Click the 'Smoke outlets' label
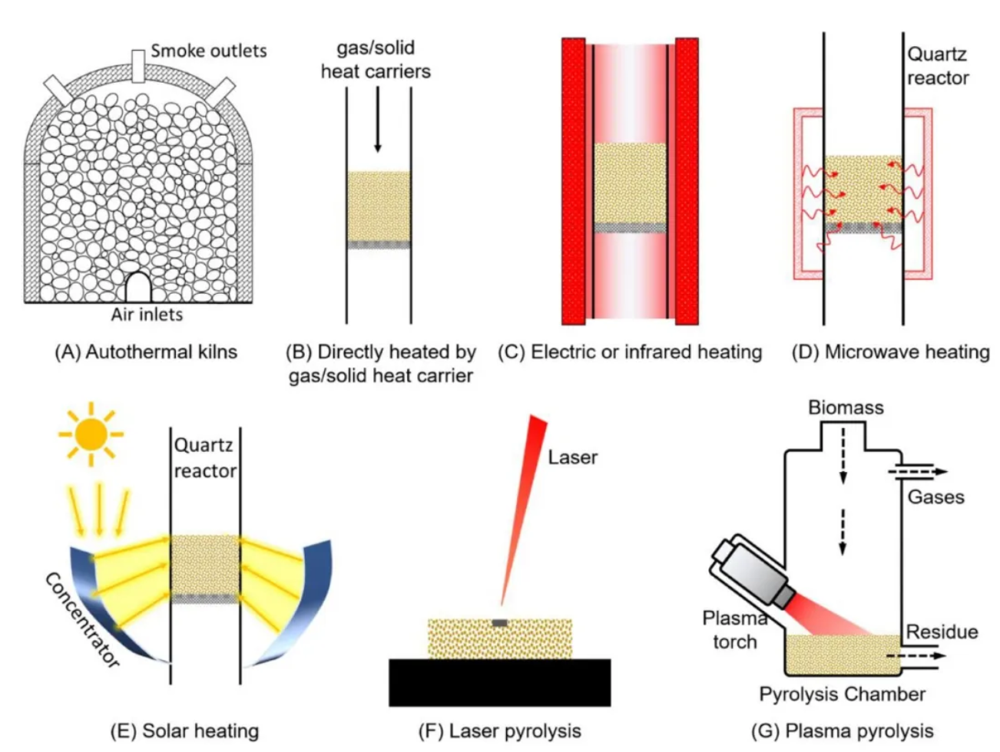tap(209, 51)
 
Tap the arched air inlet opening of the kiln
tap(138, 287)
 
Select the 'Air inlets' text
tap(147, 315)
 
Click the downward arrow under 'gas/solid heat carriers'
tap(377, 119)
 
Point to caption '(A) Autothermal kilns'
tap(146, 352)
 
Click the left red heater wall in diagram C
tap(573, 181)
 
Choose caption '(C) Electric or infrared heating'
tap(630, 352)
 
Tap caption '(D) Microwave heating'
tap(891, 352)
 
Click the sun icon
tap(91, 434)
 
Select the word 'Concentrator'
tap(82, 620)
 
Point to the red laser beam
tap(524, 510)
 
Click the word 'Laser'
tap(572, 457)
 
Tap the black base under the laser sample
tap(500, 682)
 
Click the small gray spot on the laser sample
tap(500, 623)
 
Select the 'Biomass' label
tap(846, 407)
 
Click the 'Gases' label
tap(935, 496)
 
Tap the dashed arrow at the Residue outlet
tap(916, 656)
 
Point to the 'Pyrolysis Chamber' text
tap(843, 694)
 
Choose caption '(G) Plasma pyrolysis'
tap(843, 731)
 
